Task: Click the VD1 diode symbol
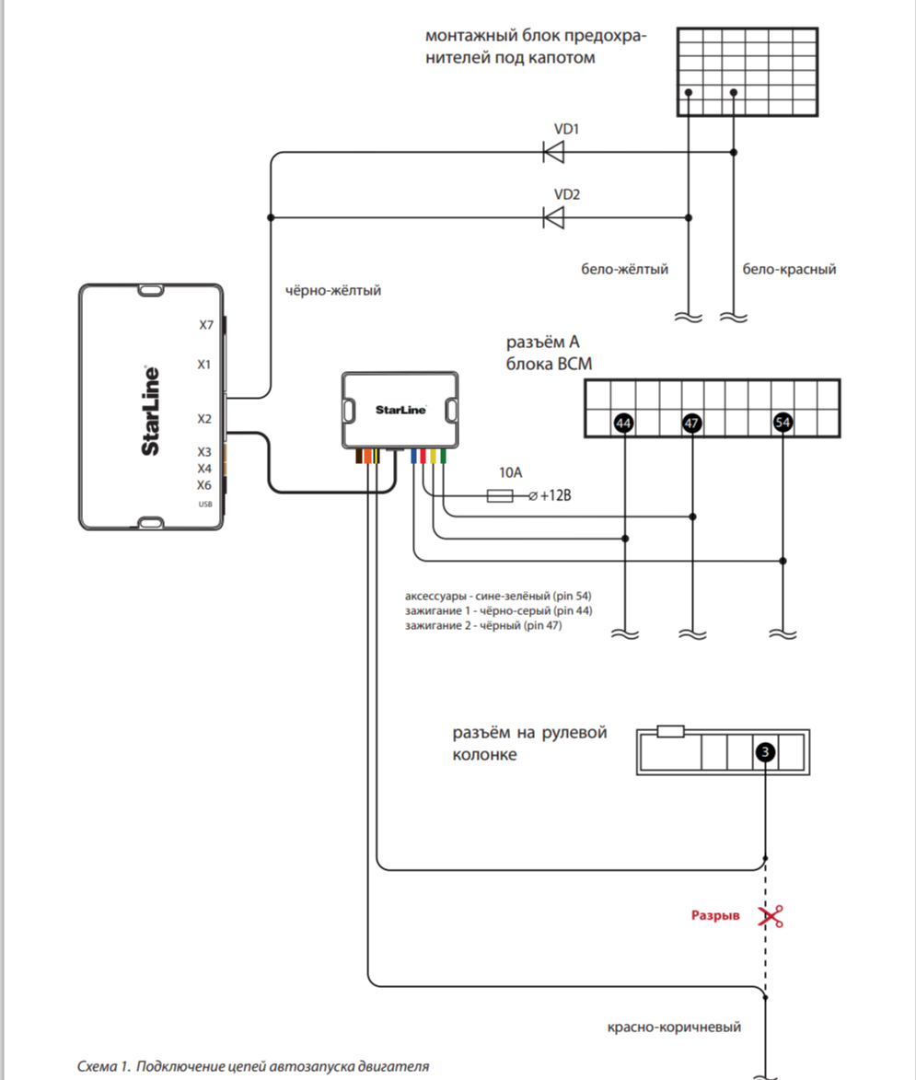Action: (x=553, y=152)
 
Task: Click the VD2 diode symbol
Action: (x=553, y=217)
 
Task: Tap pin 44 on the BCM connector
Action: (x=624, y=423)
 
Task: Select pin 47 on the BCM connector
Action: (x=692, y=423)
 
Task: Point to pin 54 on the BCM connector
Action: (x=783, y=423)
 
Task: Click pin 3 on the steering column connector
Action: (x=765, y=752)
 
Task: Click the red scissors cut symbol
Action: (x=771, y=916)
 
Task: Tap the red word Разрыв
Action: (x=715, y=915)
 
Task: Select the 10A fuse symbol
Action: (x=500, y=495)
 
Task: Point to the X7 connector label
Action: (x=206, y=325)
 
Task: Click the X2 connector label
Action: (x=204, y=419)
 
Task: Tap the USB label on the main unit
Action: (x=205, y=505)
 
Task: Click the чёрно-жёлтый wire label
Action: (x=333, y=291)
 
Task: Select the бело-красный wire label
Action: (x=789, y=270)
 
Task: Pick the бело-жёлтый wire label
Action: (x=625, y=270)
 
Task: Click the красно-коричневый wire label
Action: (x=674, y=1027)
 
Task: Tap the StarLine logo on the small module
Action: (x=400, y=410)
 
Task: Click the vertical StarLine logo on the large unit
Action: (x=151, y=411)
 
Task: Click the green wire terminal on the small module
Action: (x=443, y=455)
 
